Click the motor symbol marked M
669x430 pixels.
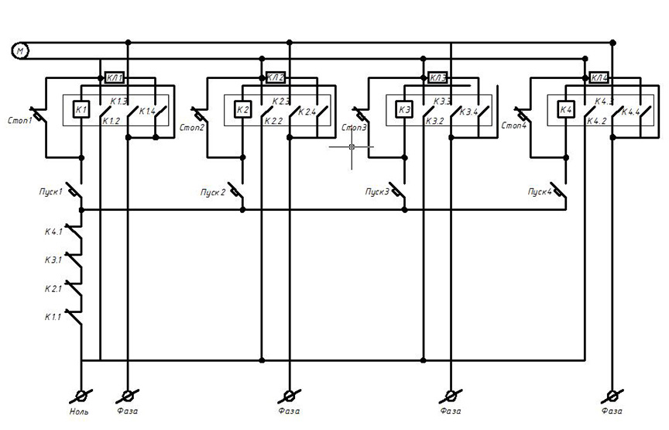tap(20, 51)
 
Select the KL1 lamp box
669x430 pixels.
tap(114, 78)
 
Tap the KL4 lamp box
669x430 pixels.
tap(599, 78)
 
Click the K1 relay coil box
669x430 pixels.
tap(81, 110)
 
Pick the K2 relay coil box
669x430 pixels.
tap(242, 110)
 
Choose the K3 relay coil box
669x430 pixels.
tap(404, 110)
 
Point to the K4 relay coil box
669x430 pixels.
tap(565, 110)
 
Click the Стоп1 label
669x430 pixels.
tap(19, 120)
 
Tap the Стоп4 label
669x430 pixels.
tap(515, 125)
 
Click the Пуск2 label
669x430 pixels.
tap(211, 192)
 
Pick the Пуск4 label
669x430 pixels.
tap(540, 191)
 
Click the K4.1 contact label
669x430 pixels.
tap(56, 231)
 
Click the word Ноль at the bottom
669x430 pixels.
tap(79, 411)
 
